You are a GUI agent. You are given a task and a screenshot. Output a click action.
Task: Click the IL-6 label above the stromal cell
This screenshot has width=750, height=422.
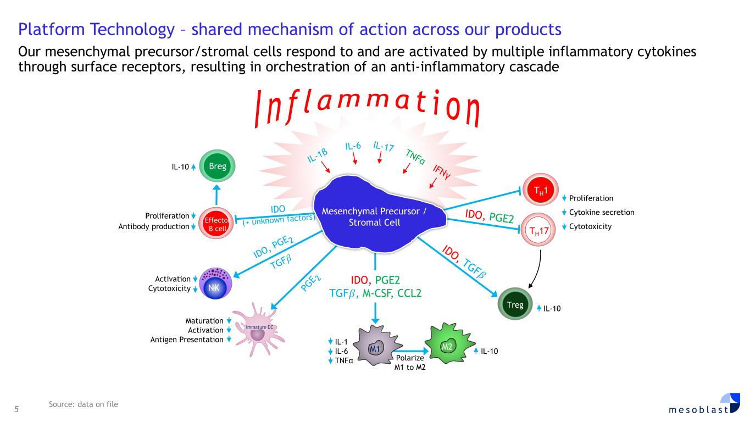353,146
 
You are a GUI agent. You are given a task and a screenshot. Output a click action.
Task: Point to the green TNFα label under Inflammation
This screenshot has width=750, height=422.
415,157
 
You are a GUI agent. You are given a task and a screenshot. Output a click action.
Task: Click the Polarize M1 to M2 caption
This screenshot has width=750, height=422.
410,363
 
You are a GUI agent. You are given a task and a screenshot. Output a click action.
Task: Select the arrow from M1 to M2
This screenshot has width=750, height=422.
411,351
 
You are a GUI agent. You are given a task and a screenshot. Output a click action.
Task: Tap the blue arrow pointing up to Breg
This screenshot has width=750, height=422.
216,195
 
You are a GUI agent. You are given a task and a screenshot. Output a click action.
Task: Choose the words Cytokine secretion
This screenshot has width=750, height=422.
601,213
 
